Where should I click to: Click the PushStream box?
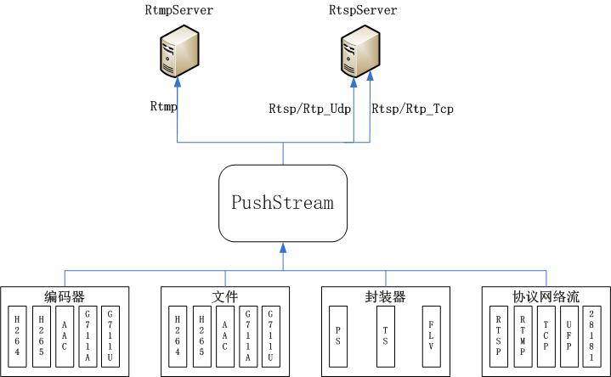(x=283, y=203)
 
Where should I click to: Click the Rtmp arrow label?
(x=163, y=107)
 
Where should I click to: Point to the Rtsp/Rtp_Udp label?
(x=309, y=109)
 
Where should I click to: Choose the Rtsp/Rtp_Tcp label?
(x=412, y=109)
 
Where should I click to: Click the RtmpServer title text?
(x=179, y=10)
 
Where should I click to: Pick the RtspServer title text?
(x=362, y=10)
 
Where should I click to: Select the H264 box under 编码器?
(x=17, y=335)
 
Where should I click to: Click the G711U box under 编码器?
(x=110, y=335)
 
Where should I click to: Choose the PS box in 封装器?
(x=338, y=335)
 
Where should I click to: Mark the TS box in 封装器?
(x=386, y=335)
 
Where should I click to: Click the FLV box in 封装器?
(x=432, y=335)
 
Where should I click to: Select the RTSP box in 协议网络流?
(x=500, y=335)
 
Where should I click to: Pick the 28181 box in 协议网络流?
(x=591, y=335)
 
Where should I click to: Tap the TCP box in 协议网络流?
(x=546, y=335)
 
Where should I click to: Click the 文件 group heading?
(x=224, y=296)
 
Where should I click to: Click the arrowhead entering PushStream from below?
(x=283, y=247)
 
